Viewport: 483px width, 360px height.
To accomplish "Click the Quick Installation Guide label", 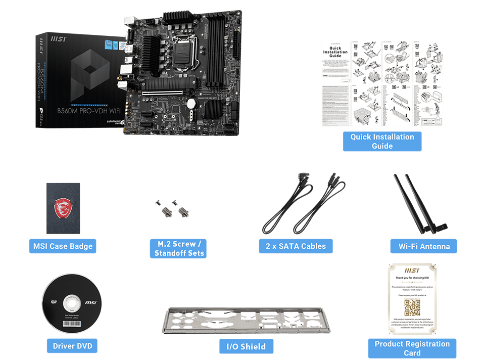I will click(382, 141).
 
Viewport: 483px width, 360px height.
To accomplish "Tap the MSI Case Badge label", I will click(63, 246).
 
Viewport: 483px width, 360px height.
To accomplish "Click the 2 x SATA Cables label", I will click(296, 246).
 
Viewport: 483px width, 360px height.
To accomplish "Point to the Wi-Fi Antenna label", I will click(423, 247).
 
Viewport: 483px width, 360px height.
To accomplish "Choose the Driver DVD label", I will click(72, 346).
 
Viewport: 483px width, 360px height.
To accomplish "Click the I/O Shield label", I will click(246, 346).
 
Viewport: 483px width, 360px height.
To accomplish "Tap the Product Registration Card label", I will click(412, 348).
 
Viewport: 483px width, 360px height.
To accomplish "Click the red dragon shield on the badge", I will click(63, 207).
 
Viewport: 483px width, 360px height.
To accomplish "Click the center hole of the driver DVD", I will click(71, 303).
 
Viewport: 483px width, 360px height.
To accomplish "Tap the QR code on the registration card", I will click(412, 307).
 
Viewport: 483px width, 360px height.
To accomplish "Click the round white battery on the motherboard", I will click(192, 103).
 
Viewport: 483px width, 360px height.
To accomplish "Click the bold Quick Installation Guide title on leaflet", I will click(335, 52).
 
